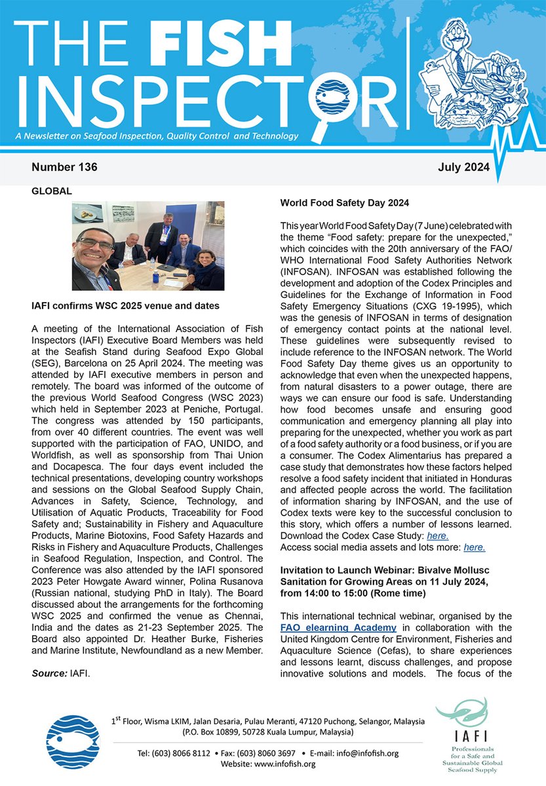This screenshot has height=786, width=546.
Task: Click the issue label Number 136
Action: (64, 168)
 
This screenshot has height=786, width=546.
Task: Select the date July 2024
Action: (463, 168)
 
